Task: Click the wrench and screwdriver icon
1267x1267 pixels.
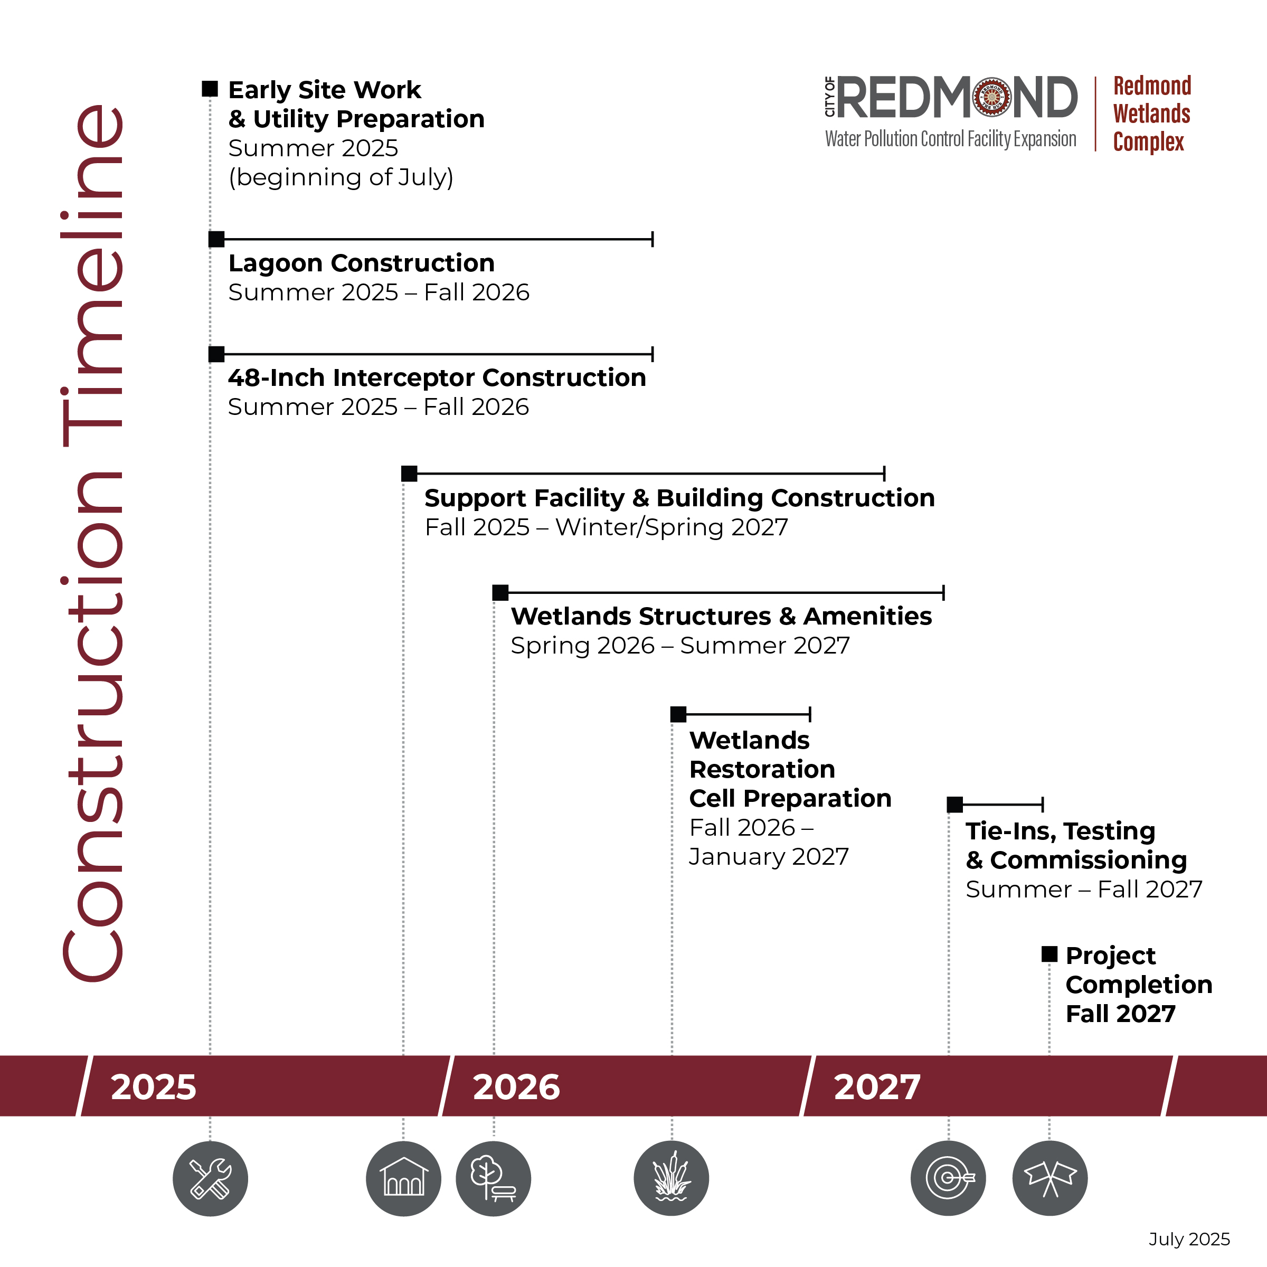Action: point(210,1178)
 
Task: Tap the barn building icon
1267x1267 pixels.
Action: point(403,1178)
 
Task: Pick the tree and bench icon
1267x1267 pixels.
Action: point(493,1178)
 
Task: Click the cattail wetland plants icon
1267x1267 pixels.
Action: point(672,1178)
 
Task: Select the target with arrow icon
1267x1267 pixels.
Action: point(948,1178)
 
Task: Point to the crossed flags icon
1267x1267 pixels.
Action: point(1050,1178)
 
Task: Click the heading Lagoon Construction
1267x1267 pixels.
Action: point(361,263)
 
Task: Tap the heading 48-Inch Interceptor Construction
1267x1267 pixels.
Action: point(437,378)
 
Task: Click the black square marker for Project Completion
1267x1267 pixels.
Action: point(1049,954)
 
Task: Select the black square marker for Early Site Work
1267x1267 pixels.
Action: point(210,89)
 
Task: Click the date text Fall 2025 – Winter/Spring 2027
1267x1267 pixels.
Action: point(607,527)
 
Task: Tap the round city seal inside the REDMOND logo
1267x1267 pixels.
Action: point(992,97)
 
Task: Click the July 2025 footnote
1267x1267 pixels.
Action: point(1189,1240)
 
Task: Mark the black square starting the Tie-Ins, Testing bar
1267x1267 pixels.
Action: point(955,804)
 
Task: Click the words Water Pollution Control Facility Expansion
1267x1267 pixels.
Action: point(950,139)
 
